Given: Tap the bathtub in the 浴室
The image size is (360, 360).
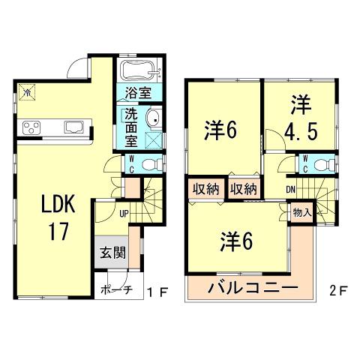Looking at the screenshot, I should click(137, 73).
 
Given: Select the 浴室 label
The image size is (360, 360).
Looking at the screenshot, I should click(136, 96).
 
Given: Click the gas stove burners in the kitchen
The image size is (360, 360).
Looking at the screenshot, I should click(33, 127).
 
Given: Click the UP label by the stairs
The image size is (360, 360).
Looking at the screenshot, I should click(123, 212).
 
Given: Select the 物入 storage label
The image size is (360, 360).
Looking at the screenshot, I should click(301, 212).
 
